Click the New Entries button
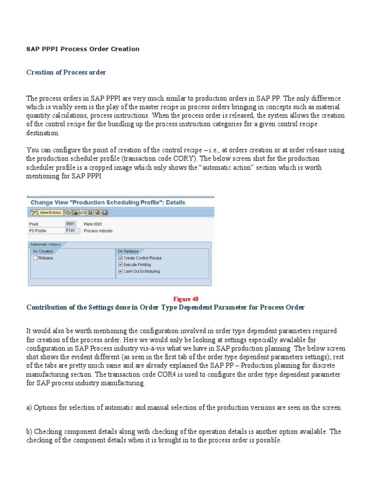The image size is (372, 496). pos(50,212)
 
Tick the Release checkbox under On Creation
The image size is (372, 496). pos(35,258)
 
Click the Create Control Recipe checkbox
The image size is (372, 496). pos(121,258)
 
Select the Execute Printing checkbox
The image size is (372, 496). pos(121,265)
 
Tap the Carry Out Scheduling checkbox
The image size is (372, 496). pos(121,272)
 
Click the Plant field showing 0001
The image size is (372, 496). pos(71,224)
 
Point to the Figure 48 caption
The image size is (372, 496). pos(186,299)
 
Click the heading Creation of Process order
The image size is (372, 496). pos(66,72)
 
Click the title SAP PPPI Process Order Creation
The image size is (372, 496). pos(82,49)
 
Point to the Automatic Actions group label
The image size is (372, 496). pos(46,245)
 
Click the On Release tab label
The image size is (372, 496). pos(128,251)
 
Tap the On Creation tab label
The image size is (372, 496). pos(43,251)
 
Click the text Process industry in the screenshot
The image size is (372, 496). pos(98,231)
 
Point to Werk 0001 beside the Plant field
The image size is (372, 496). pos(93,224)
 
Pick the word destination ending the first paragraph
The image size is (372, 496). pos(43,133)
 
